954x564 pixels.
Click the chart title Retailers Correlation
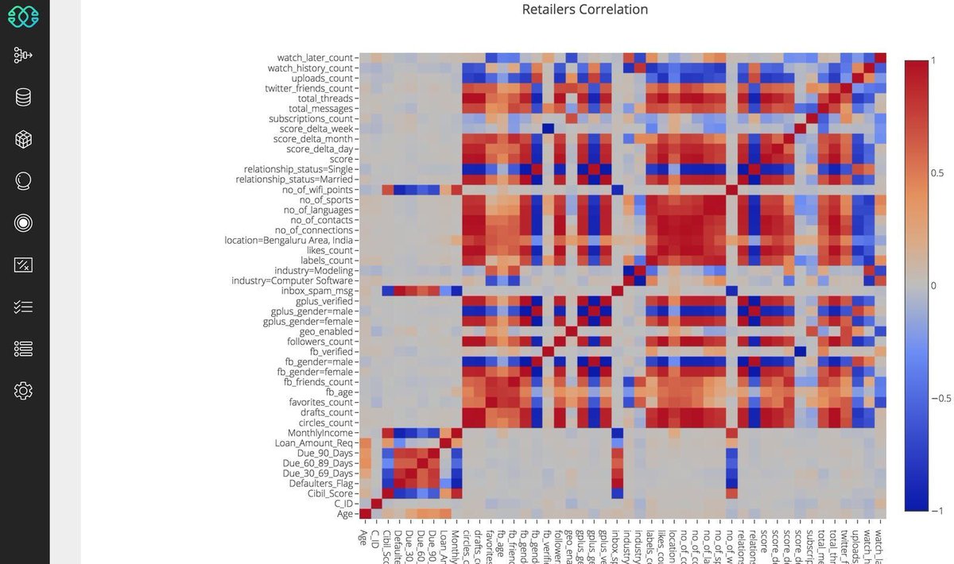(x=584, y=10)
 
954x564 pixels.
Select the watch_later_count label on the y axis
(x=315, y=58)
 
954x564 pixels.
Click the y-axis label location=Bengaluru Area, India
(x=291, y=240)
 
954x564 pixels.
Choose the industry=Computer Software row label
(x=291, y=280)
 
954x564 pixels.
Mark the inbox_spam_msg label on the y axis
(x=323, y=291)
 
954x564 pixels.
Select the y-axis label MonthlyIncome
(x=320, y=433)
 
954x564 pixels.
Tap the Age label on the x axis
(x=363, y=537)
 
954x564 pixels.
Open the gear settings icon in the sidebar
(x=23, y=391)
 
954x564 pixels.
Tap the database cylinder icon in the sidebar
(x=23, y=98)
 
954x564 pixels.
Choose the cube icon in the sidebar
(x=23, y=140)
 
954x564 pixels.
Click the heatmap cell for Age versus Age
(x=366, y=514)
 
